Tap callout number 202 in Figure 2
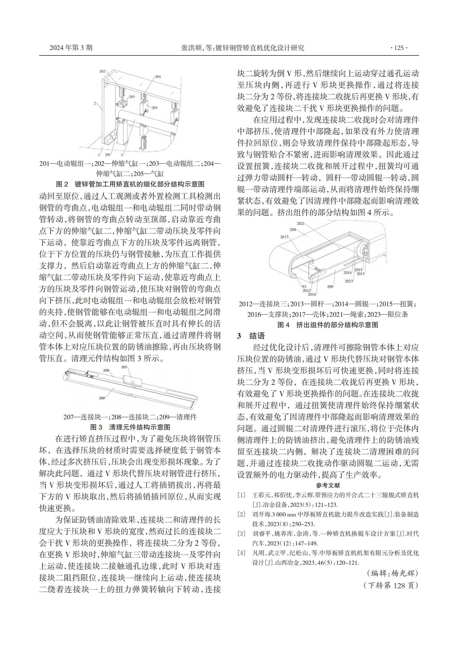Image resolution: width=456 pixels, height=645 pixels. (x=102, y=71)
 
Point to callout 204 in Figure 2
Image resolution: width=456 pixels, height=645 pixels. (x=158, y=76)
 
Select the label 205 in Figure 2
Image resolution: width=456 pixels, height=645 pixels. (x=154, y=108)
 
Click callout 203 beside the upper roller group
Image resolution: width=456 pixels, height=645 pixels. (x=132, y=97)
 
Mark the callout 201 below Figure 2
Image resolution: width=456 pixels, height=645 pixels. (x=108, y=154)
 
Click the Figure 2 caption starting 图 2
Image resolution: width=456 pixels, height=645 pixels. (x=130, y=184)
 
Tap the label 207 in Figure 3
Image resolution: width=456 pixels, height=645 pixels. (x=124, y=367)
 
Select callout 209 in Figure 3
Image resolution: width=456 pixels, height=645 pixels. (x=102, y=398)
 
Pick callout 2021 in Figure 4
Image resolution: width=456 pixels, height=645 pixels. (x=300, y=224)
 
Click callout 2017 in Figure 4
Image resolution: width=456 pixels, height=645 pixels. (x=284, y=237)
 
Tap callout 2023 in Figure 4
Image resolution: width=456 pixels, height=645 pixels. (x=349, y=281)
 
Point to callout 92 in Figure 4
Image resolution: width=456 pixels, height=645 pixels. (x=304, y=286)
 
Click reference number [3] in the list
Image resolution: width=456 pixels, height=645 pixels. (x=241, y=534)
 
